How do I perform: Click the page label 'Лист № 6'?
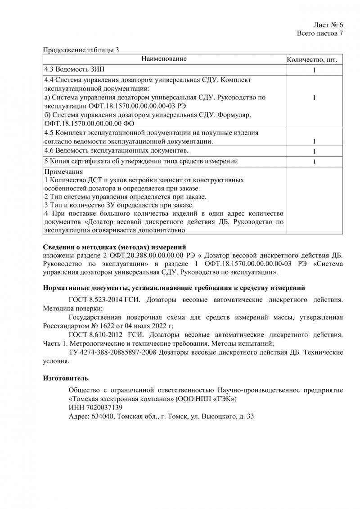click(x=328, y=25)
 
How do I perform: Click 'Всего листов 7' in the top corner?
click(x=320, y=34)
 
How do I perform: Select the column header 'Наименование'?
click(x=164, y=59)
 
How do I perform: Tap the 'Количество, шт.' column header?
click(x=312, y=59)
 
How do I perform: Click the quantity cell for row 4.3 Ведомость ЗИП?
click(x=314, y=70)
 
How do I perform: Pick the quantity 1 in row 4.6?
click(x=314, y=151)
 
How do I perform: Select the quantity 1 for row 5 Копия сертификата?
click(x=314, y=162)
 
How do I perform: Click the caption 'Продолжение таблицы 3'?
click(x=81, y=50)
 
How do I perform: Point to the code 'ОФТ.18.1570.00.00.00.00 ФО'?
click(x=89, y=123)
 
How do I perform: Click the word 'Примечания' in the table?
click(x=63, y=172)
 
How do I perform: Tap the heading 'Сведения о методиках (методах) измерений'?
click(x=114, y=247)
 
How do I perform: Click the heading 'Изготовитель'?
click(x=66, y=377)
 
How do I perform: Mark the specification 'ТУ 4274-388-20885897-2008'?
click(x=112, y=352)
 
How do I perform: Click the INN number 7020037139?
click(x=106, y=407)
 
